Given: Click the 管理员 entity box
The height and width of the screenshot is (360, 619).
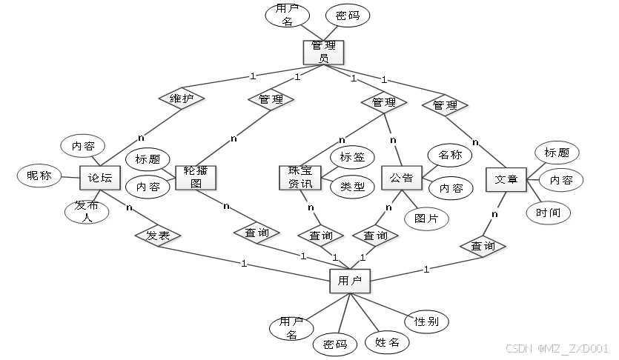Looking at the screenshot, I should tap(324, 52).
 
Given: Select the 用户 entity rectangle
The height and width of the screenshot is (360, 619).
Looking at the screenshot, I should tap(350, 281).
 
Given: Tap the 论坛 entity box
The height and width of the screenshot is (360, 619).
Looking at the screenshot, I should tap(100, 179).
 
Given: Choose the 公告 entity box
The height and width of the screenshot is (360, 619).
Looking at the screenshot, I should tap(401, 179).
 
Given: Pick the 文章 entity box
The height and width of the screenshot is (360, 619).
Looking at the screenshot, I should tap(506, 179).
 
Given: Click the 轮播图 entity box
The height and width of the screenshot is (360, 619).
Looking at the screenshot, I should tap(196, 179).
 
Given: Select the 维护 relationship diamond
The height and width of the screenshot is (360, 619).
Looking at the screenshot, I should tap(182, 99).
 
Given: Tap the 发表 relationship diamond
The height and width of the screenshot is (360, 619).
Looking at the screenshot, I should tap(158, 236).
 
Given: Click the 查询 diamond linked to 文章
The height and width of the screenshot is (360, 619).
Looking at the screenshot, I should tap(483, 246).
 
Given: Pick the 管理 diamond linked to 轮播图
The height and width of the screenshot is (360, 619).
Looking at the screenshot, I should tap(271, 99).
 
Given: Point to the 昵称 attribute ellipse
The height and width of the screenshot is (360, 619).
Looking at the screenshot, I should tap(39, 176).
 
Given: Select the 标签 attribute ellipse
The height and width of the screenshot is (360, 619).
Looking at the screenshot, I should tap(352, 157).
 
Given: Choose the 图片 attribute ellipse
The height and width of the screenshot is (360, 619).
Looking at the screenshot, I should tap(427, 219).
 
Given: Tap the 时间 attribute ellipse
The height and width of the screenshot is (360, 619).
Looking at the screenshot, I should tap(549, 213).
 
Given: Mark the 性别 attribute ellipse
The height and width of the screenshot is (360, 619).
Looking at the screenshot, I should tap(427, 321).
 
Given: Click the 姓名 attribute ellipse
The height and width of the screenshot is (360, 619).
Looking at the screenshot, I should tap(387, 342).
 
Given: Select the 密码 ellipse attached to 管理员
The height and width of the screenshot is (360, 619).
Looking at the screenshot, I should tap(348, 15).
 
